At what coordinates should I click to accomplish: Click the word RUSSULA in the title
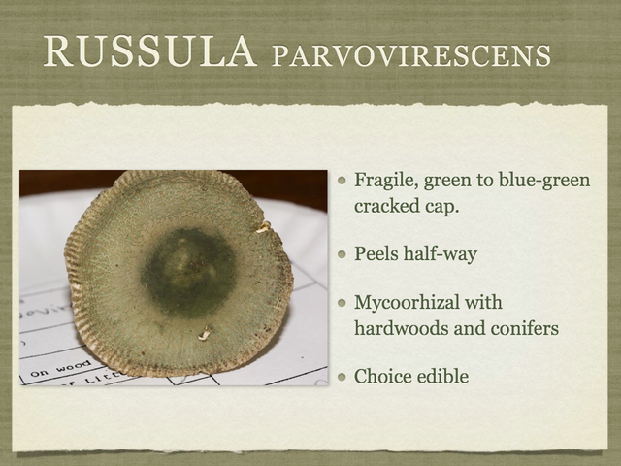[x=149, y=52]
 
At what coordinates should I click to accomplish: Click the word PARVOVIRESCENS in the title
[x=412, y=55]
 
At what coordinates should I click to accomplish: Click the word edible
[x=443, y=376]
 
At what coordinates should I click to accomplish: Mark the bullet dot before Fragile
[x=342, y=182]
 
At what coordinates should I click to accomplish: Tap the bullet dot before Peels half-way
[x=342, y=254]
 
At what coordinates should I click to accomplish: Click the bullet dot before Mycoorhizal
[x=342, y=303]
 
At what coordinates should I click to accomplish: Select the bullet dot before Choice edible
[x=342, y=376]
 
